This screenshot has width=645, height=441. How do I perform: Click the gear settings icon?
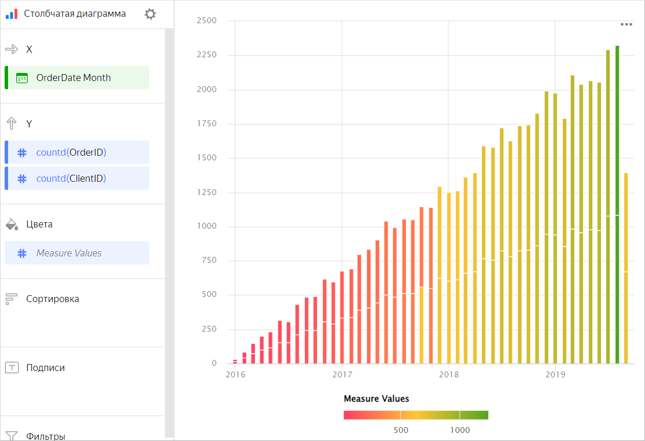coord(150,14)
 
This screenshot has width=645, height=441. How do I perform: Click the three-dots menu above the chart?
coord(626,24)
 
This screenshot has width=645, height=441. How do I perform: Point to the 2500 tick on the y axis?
coord(207,21)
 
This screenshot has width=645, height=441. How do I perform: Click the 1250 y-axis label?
coord(207,193)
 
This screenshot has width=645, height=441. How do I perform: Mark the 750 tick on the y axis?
coord(209,260)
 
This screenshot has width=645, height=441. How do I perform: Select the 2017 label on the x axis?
coord(342,374)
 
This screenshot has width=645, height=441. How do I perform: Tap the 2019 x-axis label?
coord(555,374)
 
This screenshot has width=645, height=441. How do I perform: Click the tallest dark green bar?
coord(617,203)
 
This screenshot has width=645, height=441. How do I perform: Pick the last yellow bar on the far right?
coord(626,266)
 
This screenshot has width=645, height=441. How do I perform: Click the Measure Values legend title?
coord(376,399)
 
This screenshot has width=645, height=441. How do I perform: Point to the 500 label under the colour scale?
coord(401,430)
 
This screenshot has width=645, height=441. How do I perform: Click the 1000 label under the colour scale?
coord(460,430)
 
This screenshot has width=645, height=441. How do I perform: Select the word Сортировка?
coord(53,299)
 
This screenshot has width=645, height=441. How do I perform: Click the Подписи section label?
coord(45,367)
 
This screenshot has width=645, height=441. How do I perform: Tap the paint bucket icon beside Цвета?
coord(12,225)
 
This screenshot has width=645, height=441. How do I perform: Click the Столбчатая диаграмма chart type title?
coord(75,14)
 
